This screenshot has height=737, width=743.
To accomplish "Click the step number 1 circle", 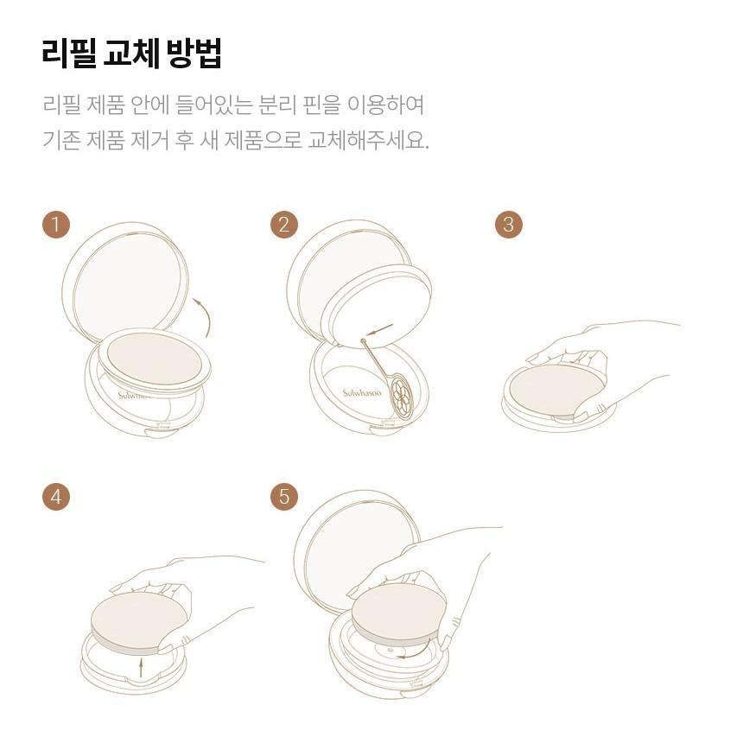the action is [x=56, y=224].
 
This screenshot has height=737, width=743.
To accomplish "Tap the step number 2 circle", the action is [x=284, y=224].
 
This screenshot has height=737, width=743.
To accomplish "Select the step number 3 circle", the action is [x=509, y=224].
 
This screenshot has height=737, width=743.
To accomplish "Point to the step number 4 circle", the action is [x=56, y=497].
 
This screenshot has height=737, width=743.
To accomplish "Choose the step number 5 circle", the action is [x=284, y=497].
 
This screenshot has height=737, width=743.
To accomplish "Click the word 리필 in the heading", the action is [x=69, y=53].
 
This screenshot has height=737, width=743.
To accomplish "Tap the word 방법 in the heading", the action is [x=194, y=53].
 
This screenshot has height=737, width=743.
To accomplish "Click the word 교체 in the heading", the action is [x=131, y=53].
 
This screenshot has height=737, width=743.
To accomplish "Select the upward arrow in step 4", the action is [x=140, y=667].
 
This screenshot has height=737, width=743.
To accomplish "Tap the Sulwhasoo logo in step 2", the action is [x=362, y=393].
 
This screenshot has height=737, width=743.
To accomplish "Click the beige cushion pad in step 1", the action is [x=155, y=359].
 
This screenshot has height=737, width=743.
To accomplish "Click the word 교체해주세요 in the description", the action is [x=368, y=139].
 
